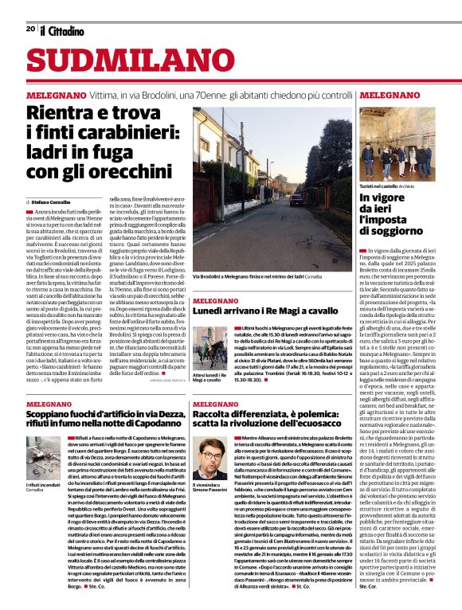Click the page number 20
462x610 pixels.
[29, 29]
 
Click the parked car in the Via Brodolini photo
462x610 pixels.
[295, 199]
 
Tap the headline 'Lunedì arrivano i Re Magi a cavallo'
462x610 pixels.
[264, 311]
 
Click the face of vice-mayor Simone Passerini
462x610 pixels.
[211, 454]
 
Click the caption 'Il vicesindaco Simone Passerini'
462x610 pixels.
[211, 488]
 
